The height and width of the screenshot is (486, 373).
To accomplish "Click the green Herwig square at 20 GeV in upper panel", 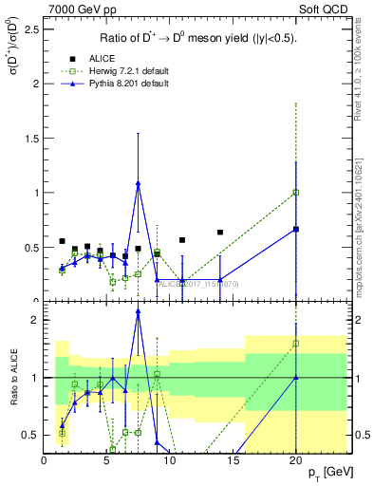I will point(296,192).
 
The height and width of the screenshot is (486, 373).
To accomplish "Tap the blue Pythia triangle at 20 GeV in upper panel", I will point(296,229).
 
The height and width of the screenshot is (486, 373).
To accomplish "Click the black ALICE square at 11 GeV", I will point(182,240).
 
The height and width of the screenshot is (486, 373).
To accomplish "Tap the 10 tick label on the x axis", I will point(170,461).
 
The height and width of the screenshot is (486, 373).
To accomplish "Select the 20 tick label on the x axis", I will point(296,461).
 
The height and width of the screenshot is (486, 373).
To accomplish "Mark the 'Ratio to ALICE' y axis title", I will point(11,380).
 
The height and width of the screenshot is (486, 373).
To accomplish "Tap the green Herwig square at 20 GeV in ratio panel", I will point(296,344).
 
